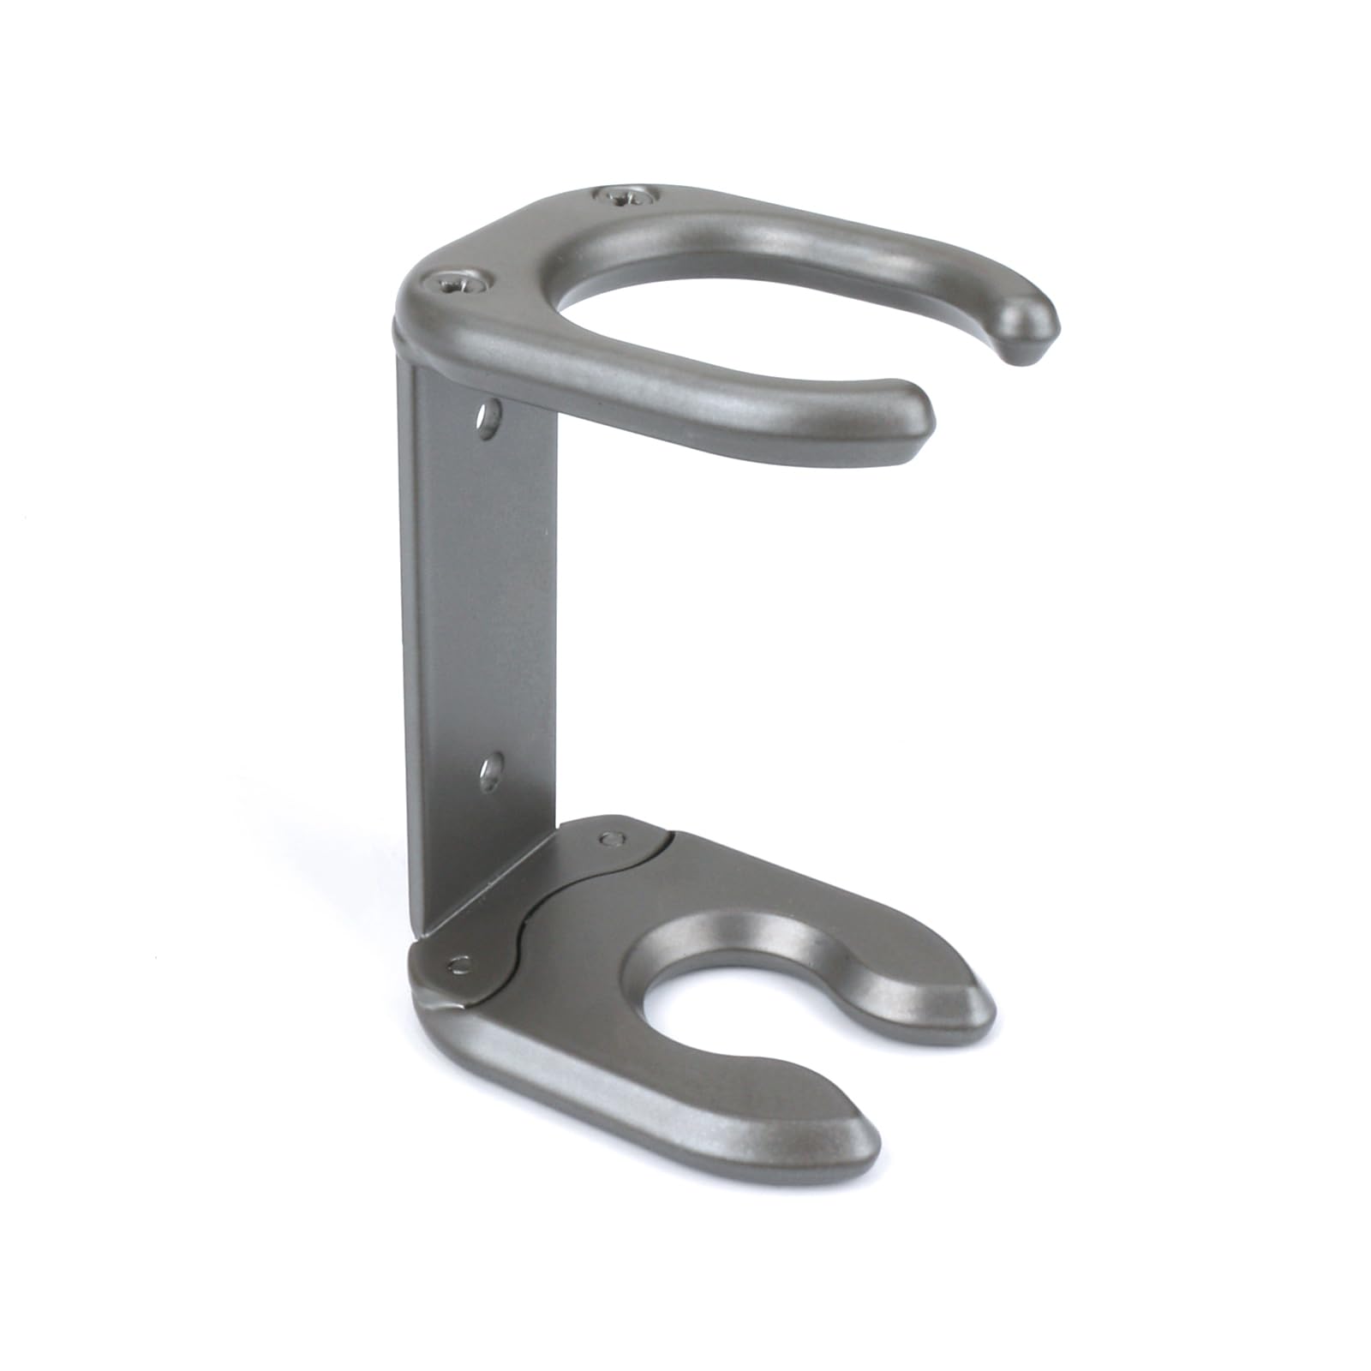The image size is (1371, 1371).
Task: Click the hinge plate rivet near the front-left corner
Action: coord(461,964)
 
